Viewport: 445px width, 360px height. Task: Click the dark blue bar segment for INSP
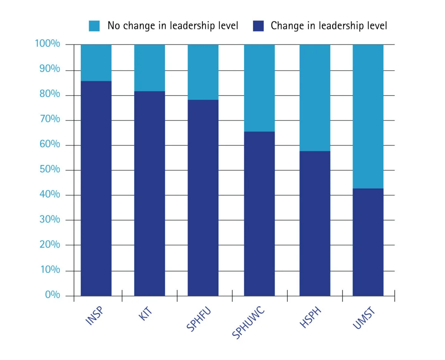click(x=96, y=188)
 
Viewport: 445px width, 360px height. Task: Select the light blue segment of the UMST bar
click(x=368, y=116)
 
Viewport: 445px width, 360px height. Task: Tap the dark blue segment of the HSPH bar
click(x=315, y=223)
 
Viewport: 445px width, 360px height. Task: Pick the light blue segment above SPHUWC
click(x=259, y=88)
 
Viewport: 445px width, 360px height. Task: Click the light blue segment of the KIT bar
click(x=149, y=68)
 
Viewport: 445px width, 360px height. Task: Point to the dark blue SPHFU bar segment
click(x=203, y=198)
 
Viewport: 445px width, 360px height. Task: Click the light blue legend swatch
click(x=94, y=26)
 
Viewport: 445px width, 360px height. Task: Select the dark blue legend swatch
click(x=258, y=26)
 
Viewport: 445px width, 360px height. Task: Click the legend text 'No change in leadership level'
click(x=173, y=26)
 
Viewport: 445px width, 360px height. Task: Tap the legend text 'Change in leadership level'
click(x=329, y=26)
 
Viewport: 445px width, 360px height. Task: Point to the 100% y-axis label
click(x=47, y=44)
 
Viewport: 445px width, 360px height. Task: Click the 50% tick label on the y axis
click(x=50, y=169)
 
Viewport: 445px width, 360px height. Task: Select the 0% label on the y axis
click(x=52, y=295)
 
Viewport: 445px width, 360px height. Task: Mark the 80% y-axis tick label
click(x=50, y=95)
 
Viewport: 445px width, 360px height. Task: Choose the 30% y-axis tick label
click(x=50, y=219)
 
